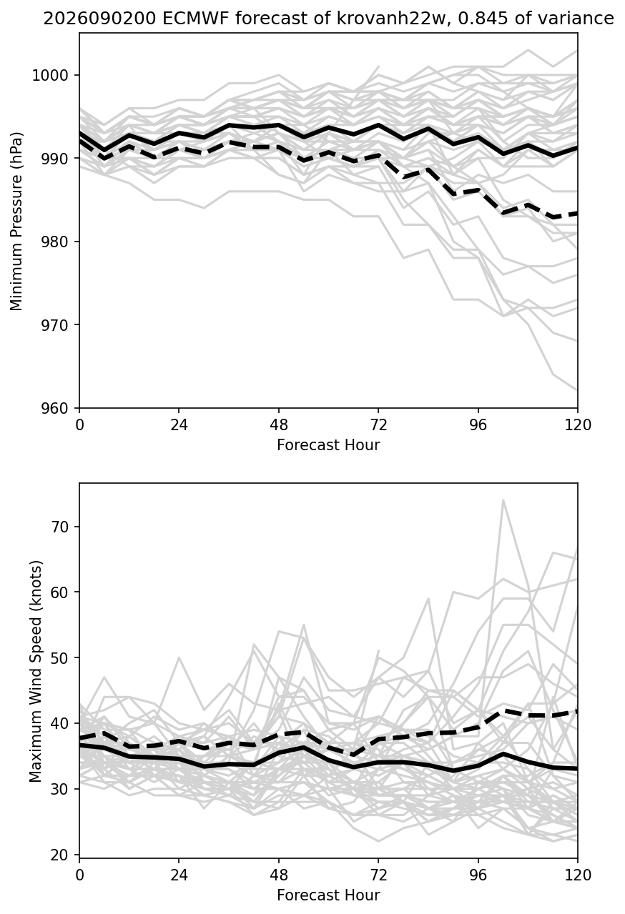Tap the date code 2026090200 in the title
pyautogui.click(x=99, y=19)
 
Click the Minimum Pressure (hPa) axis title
pyautogui.click(x=16, y=221)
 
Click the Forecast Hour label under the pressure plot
pyautogui.click(x=328, y=444)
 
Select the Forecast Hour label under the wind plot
pyautogui.click(x=328, y=895)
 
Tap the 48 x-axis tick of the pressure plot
pyautogui.click(x=279, y=425)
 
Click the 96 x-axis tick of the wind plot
pyautogui.click(x=478, y=875)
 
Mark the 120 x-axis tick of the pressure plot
pyautogui.click(x=577, y=425)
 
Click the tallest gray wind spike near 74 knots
pyautogui.click(x=503, y=500)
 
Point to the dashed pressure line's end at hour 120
pyautogui.click(x=577, y=214)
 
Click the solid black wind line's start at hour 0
pyautogui.click(x=79, y=745)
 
